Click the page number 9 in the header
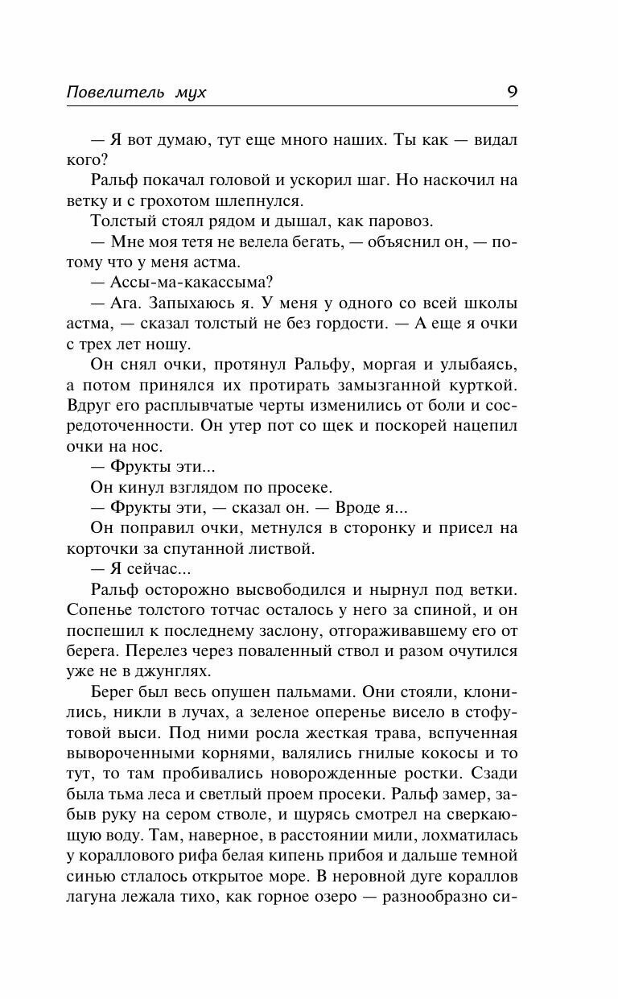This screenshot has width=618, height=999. (x=512, y=91)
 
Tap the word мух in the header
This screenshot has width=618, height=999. (x=190, y=93)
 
